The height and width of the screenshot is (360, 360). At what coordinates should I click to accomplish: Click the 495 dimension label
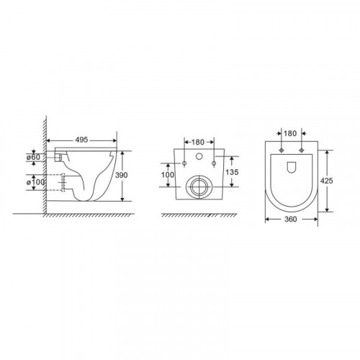(81, 140)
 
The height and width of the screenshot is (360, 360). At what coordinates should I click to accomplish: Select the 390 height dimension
(122, 175)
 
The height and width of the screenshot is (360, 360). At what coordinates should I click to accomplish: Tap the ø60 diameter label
(34, 158)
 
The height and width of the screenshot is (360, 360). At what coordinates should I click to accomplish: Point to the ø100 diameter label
(35, 182)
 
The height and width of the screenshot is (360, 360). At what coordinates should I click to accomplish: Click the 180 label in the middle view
(198, 142)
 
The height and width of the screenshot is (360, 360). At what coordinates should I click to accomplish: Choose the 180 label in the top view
(290, 133)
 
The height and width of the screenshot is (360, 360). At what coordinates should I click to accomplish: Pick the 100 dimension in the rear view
(168, 175)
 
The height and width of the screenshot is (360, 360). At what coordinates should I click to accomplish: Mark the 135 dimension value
(232, 172)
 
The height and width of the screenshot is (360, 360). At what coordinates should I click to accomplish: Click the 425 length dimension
(327, 181)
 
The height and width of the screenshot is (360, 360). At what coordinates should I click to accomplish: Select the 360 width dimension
(290, 219)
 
